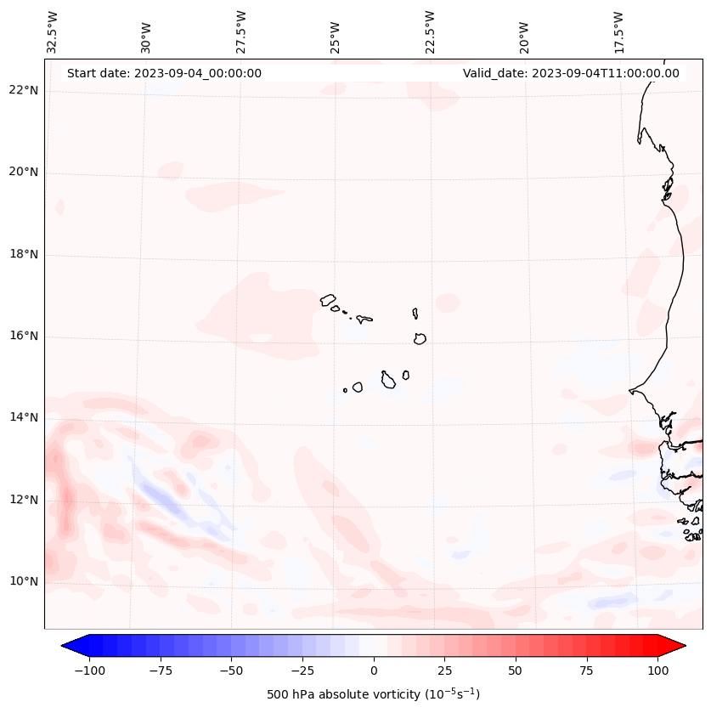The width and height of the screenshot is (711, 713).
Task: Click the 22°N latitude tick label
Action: [24, 91]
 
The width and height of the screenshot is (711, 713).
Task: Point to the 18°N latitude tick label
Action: [24, 254]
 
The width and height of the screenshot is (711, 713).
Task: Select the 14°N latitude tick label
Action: [24, 417]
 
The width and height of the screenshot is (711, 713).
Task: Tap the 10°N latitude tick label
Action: [24, 581]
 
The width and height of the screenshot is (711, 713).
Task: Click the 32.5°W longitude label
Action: [53, 31]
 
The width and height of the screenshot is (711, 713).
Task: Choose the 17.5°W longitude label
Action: [618, 31]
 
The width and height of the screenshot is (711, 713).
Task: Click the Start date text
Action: [164, 73]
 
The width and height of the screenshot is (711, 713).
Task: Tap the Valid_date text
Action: [571, 73]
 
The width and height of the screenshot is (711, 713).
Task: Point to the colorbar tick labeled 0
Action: [374, 671]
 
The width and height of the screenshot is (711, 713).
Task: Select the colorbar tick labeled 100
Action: [657, 671]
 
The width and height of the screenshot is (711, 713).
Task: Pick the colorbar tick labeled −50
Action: [232, 671]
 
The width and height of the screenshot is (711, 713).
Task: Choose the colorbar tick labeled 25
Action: [444, 671]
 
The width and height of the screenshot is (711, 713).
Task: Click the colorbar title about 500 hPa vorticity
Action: [373, 694]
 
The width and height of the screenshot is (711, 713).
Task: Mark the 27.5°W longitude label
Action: [241, 31]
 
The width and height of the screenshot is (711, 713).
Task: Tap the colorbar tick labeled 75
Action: [586, 671]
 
